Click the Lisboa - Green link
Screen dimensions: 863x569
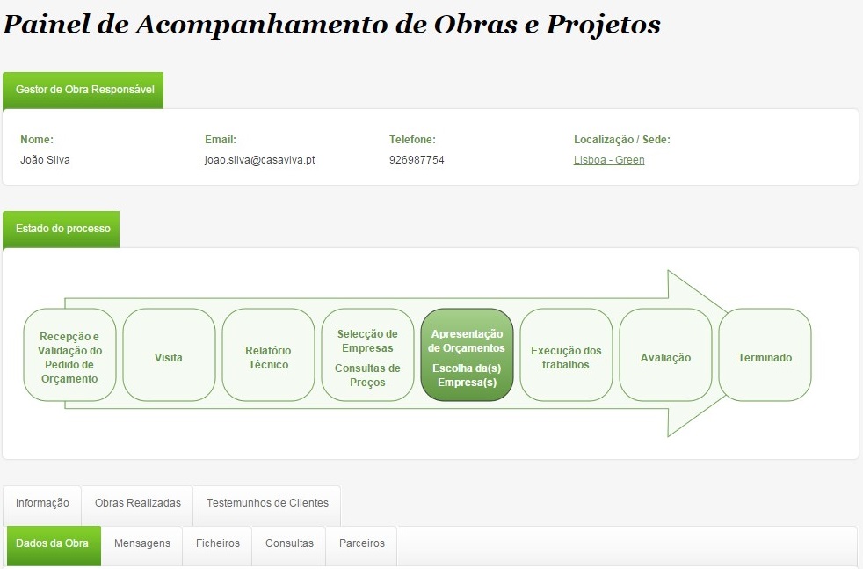(x=609, y=160)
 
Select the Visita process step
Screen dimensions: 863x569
(x=169, y=354)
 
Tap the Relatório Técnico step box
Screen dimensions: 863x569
(x=268, y=354)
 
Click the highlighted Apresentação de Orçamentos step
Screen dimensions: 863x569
(x=467, y=354)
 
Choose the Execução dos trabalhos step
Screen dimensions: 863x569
(x=566, y=354)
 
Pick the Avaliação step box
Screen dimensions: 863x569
(x=665, y=354)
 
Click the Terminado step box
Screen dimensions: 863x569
(x=765, y=354)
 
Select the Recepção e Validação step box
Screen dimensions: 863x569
(x=70, y=354)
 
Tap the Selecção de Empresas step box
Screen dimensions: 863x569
(x=367, y=354)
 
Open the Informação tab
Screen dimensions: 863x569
(x=42, y=503)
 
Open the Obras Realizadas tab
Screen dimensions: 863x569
(x=138, y=503)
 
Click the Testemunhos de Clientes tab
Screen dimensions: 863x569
(x=267, y=503)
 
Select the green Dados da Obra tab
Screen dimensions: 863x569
(x=52, y=543)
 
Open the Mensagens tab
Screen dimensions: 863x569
(x=142, y=543)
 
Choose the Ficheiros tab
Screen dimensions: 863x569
(x=217, y=543)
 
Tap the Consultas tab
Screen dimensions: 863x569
(x=289, y=543)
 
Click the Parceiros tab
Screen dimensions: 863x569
(x=361, y=543)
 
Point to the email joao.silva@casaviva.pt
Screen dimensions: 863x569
(x=260, y=160)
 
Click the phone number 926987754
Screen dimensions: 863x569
(x=417, y=160)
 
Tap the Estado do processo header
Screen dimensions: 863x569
(x=62, y=230)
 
